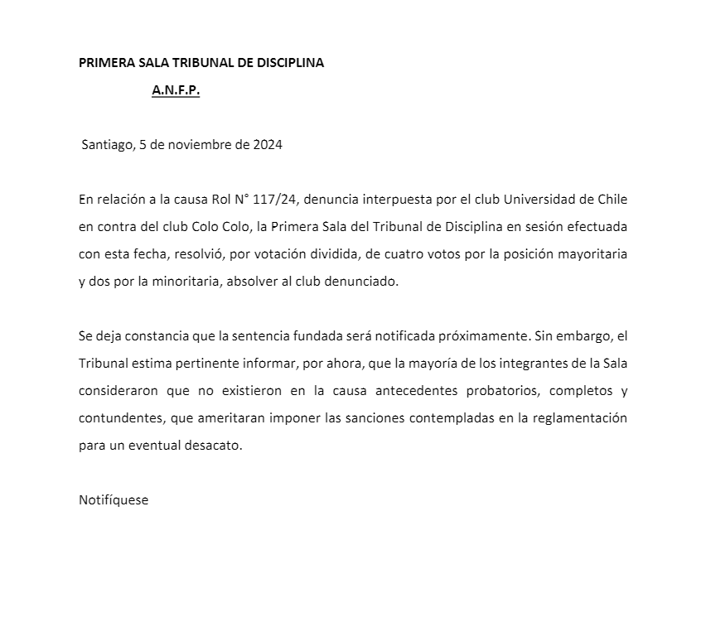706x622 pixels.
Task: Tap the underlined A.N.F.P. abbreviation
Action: coord(176,91)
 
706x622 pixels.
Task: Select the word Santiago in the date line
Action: coord(107,144)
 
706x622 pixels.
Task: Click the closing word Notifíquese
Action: coord(114,500)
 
